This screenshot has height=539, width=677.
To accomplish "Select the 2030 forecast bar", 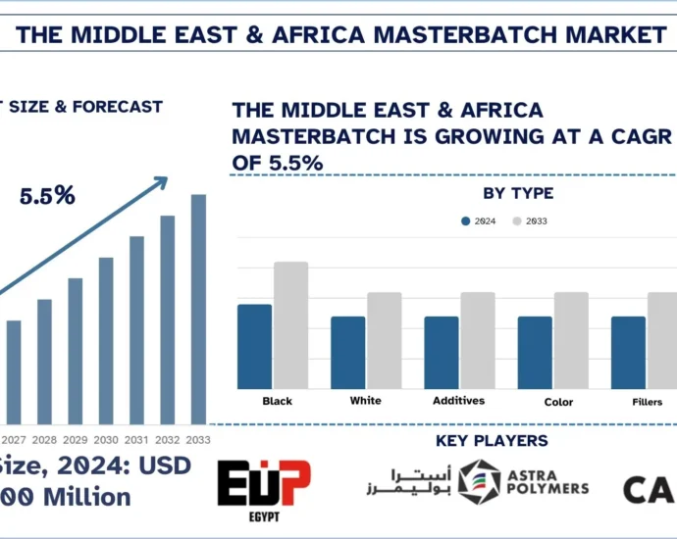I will [x=106, y=338].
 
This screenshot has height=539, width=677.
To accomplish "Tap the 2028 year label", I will [x=44, y=440].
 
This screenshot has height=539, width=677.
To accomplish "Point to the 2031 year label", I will [x=136, y=440].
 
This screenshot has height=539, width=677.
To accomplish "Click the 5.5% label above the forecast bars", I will [x=47, y=196].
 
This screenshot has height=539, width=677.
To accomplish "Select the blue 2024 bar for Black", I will [x=254, y=345].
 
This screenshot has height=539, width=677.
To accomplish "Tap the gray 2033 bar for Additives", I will [x=478, y=339].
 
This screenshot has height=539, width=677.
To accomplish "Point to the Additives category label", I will [x=459, y=401].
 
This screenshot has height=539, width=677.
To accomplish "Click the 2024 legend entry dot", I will [x=466, y=220].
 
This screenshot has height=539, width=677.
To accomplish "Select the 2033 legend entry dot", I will [x=517, y=220].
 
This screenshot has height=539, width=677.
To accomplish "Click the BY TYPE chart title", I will [x=517, y=193].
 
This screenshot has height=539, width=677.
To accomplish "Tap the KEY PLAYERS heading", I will [x=491, y=441].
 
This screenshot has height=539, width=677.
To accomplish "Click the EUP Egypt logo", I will [x=264, y=489].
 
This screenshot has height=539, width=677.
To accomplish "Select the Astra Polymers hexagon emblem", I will [x=479, y=482].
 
